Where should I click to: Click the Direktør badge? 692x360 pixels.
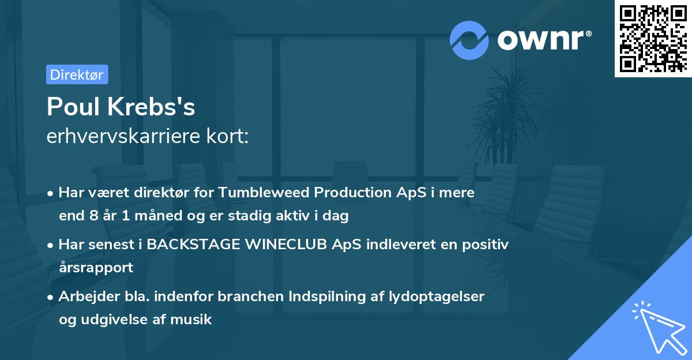click(77, 74)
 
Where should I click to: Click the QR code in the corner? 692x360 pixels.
click(653, 39)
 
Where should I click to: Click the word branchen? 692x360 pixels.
click(246, 297)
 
